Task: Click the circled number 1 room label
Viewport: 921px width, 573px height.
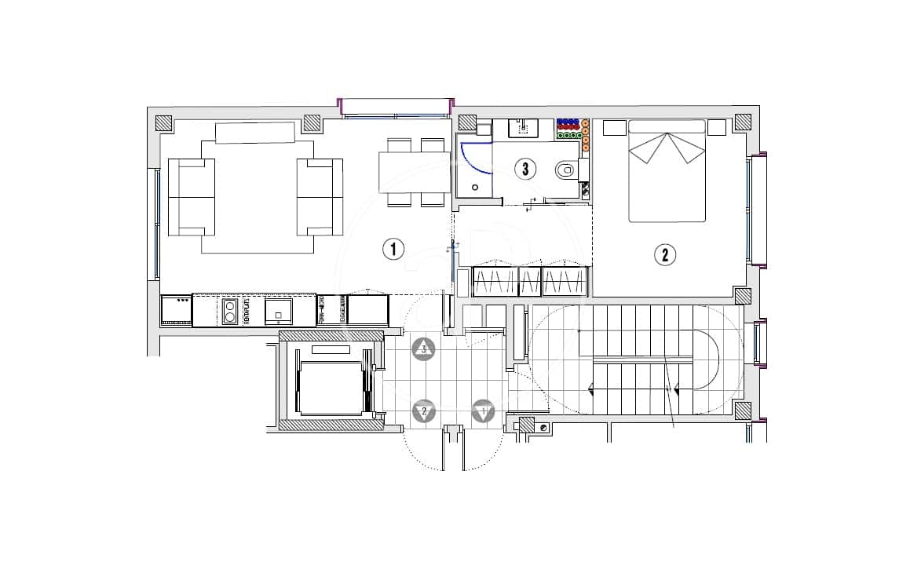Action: pos(393,250)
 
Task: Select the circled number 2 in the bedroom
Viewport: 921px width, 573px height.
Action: pos(665,254)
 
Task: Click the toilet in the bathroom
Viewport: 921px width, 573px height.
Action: pos(567,169)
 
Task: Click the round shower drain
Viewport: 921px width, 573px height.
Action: pos(476,188)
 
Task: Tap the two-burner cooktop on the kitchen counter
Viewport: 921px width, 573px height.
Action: pos(230,311)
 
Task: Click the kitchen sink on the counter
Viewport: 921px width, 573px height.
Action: pos(279,311)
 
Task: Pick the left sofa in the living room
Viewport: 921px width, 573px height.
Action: pos(192,196)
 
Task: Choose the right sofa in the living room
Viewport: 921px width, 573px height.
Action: pos(320,196)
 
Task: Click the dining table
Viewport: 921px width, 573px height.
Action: pos(414,172)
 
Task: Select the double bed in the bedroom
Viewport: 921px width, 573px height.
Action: pos(667,171)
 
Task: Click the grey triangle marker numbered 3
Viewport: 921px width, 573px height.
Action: pos(425,349)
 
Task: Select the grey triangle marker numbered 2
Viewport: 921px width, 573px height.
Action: pos(425,411)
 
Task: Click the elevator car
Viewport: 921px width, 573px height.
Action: pos(331,387)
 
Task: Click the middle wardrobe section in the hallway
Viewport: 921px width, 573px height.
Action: pos(530,280)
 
